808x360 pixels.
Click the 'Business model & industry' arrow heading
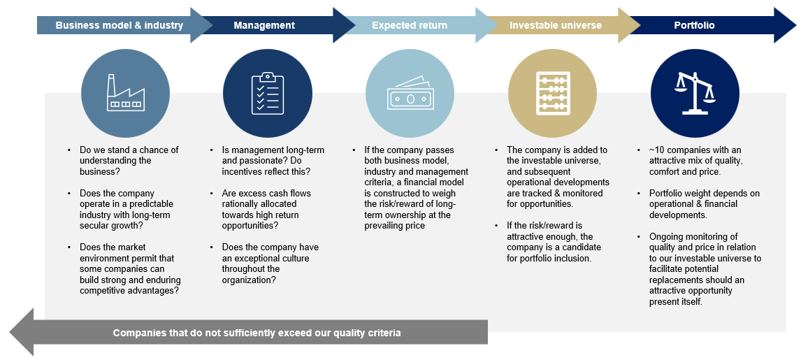[120, 26]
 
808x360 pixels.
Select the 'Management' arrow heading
[264, 26]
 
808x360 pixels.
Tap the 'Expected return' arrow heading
[410, 26]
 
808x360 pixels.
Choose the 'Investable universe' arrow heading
[556, 26]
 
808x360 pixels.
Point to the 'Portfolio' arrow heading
[694, 26]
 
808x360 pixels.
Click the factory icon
[126, 93]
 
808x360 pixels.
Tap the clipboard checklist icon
[267, 93]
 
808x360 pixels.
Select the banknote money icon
[410, 93]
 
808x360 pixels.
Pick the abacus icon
[552, 93]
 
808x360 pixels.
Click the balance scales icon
[695, 93]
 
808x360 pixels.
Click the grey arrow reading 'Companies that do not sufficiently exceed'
[257, 333]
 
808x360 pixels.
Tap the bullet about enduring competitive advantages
[130, 269]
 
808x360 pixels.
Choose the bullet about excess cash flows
[266, 210]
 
